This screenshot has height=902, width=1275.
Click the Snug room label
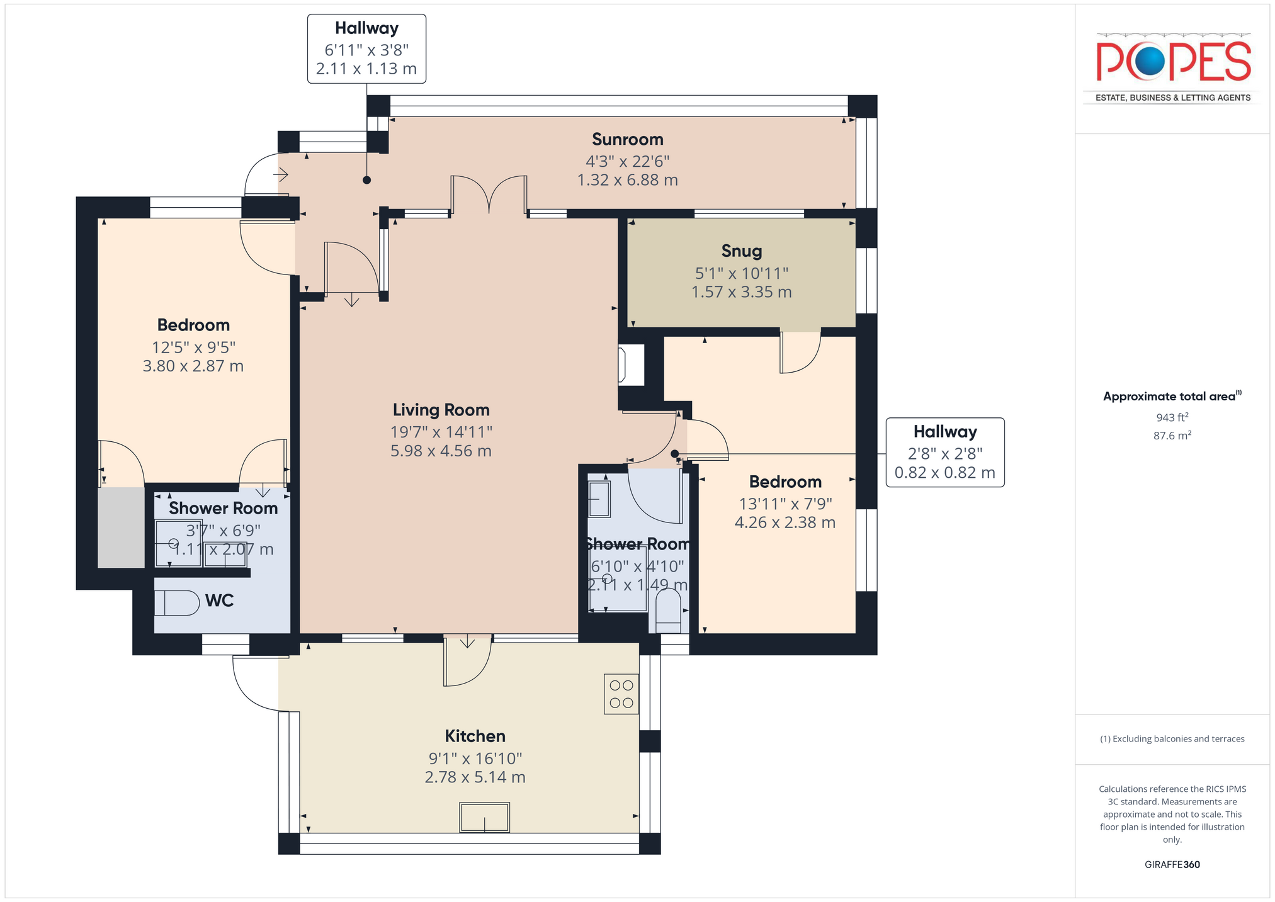pyautogui.click(x=742, y=251)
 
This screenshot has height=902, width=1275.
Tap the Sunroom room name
pyautogui.click(x=628, y=140)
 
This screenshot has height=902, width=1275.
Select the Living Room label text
pyautogui.click(x=441, y=410)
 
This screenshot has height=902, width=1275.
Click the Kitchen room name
pyautogui.click(x=475, y=736)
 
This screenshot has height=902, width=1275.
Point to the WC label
pyautogui.click(x=220, y=601)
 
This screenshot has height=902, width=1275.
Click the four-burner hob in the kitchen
pyautogui.click(x=621, y=694)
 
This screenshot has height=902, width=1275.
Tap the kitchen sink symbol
pyautogui.click(x=484, y=817)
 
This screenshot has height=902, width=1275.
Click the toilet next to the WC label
pyautogui.click(x=177, y=602)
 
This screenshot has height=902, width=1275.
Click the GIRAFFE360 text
pyautogui.click(x=1172, y=865)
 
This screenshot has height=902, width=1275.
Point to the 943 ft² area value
pyautogui.click(x=1172, y=417)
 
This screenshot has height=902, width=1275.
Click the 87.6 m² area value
pyautogui.click(x=1172, y=436)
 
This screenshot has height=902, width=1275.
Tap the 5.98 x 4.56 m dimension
pyautogui.click(x=441, y=451)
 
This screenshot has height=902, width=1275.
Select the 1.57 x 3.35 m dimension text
pyautogui.click(x=742, y=292)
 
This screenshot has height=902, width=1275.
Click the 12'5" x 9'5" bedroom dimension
pyautogui.click(x=193, y=347)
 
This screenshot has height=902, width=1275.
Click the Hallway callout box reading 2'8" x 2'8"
pyautogui.click(x=945, y=453)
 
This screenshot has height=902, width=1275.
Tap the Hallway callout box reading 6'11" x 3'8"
pyautogui.click(x=366, y=49)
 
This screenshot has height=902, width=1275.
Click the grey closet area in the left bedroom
pyautogui.click(x=122, y=527)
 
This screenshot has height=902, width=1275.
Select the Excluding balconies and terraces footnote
pyautogui.click(x=1172, y=739)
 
